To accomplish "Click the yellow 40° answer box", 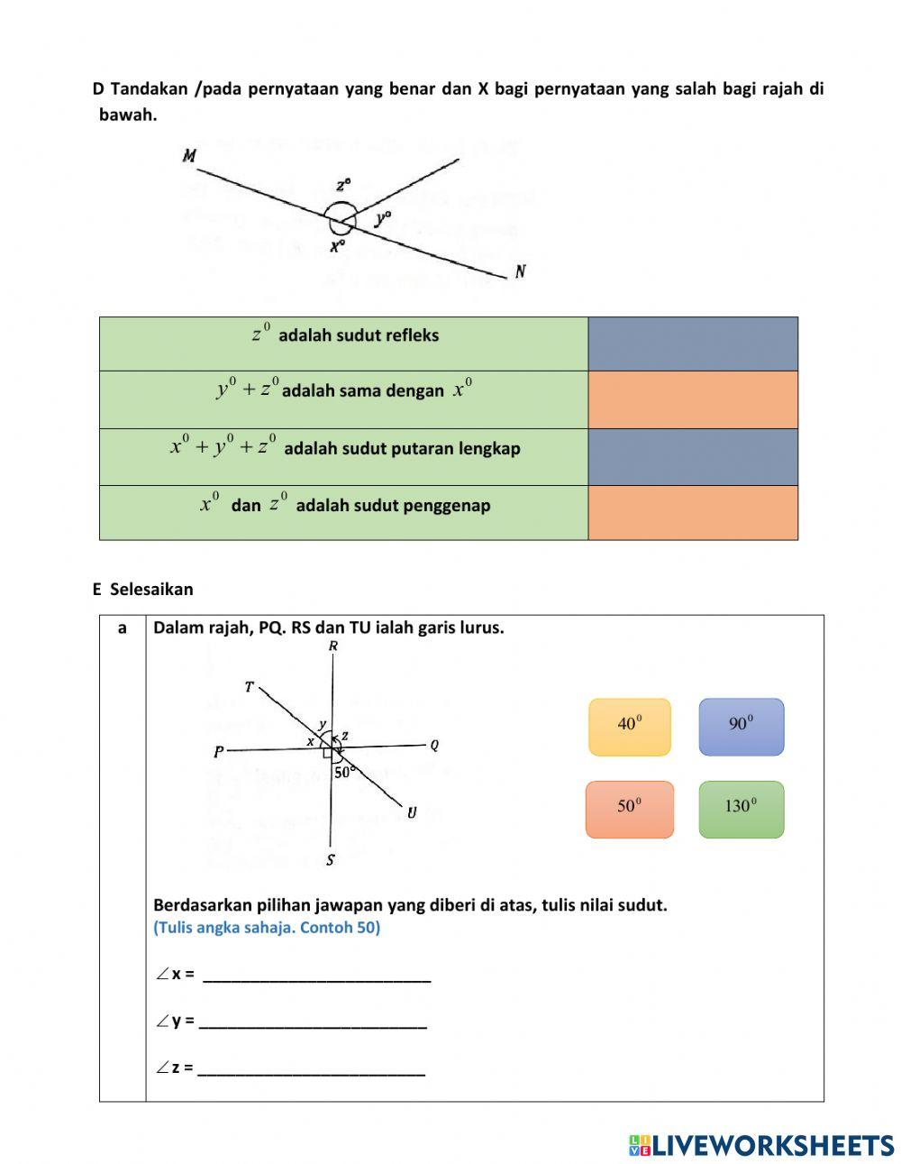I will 630,727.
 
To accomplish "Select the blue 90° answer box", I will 741,727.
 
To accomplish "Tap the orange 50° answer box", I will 629,809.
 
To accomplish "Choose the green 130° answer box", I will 741,809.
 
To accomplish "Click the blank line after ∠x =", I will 316,975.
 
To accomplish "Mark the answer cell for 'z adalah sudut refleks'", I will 692,344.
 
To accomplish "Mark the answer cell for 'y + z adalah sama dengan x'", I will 692,399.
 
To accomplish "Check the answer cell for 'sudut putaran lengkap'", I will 692,457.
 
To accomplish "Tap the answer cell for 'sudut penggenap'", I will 692,513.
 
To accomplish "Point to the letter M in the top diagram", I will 189,156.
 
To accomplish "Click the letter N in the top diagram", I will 521,271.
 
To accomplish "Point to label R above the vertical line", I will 333,646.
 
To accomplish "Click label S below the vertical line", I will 331,860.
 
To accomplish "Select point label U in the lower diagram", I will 412,812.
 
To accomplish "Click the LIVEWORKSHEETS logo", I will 761,1145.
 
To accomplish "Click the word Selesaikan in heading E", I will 151,590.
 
